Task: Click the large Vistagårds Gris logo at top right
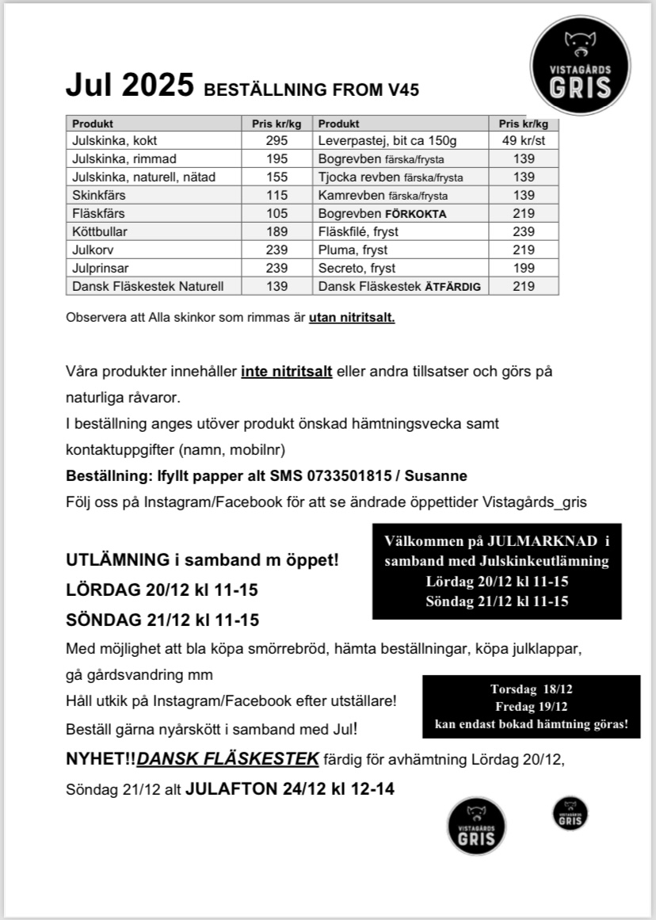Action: (581, 66)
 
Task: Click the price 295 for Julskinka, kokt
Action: (277, 140)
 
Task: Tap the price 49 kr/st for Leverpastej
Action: (524, 140)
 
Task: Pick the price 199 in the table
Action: (524, 268)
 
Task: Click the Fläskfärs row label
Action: (98, 213)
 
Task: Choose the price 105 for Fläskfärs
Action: (277, 213)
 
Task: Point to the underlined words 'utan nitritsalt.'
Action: (352, 319)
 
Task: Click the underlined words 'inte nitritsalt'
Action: (287, 371)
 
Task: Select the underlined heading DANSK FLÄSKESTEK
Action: (228, 759)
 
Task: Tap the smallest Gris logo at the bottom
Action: (570, 814)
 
